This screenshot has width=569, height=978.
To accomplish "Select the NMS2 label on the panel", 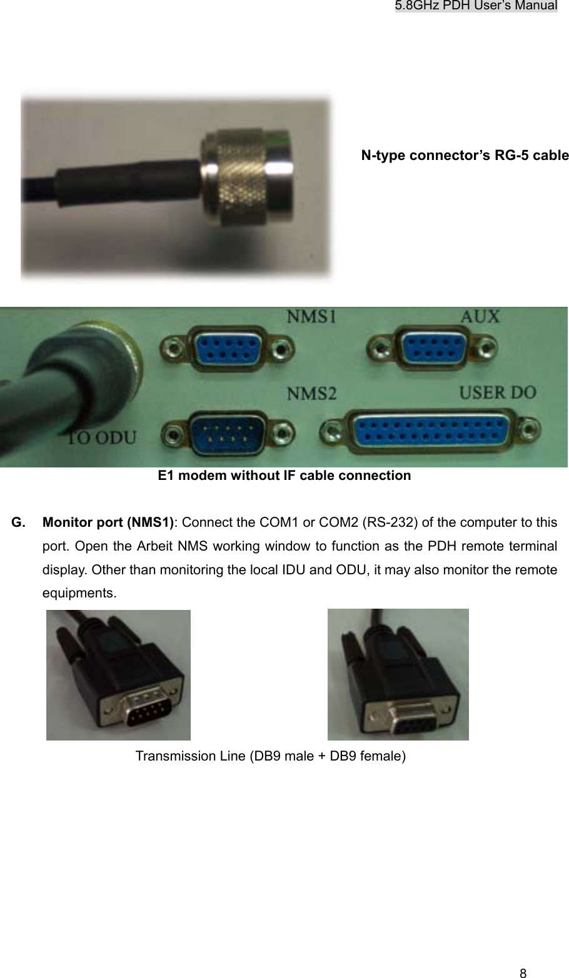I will pos(311,394).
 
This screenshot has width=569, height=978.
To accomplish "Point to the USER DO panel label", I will pos(498,393).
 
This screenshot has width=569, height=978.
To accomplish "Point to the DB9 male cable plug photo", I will pos(118,675).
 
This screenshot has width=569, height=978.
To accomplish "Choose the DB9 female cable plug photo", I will pos(398,674).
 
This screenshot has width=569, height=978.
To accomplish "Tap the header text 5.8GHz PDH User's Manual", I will pos(476,6).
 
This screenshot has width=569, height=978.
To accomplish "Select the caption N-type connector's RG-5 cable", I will pos(465,155).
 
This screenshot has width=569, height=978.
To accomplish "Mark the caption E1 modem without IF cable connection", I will pos(284,476).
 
